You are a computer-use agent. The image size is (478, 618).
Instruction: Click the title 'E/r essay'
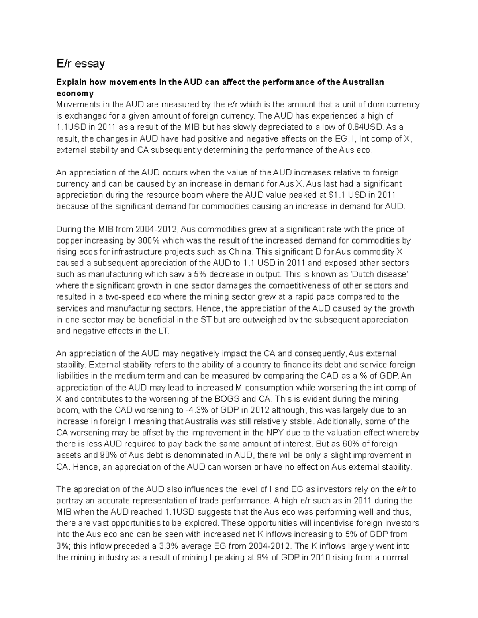(x=80, y=63)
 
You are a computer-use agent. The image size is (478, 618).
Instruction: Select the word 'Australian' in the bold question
(x=363, y=82)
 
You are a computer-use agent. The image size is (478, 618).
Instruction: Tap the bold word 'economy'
(x=75, y=94)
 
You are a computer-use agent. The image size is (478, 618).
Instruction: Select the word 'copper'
(x=69, y=240)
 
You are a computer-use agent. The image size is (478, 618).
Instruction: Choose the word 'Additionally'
(x=339, y=421)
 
